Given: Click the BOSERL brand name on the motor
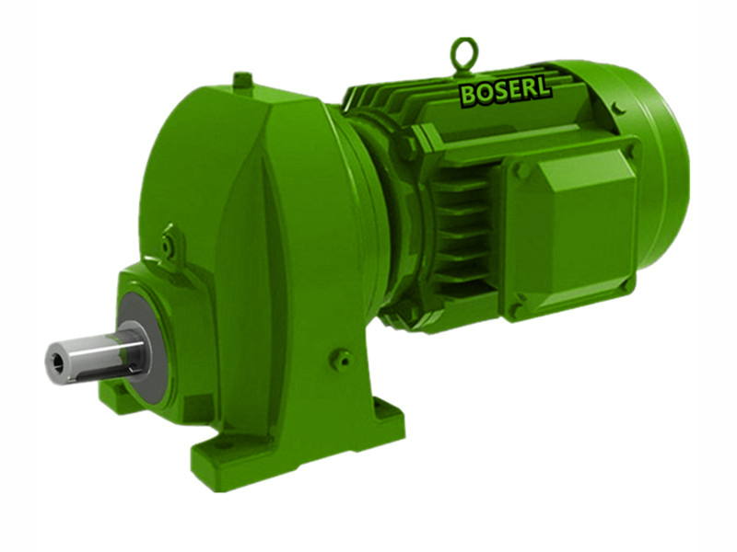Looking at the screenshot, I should [x=505, y=91].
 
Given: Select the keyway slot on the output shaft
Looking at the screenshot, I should [x=111, y=351].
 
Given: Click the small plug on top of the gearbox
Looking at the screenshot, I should [x=242, y=80].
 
